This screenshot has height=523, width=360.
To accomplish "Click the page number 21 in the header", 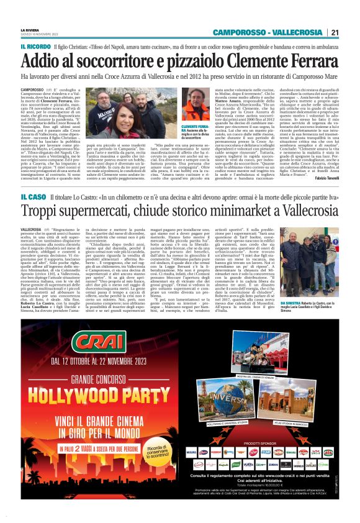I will coord(335,33).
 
